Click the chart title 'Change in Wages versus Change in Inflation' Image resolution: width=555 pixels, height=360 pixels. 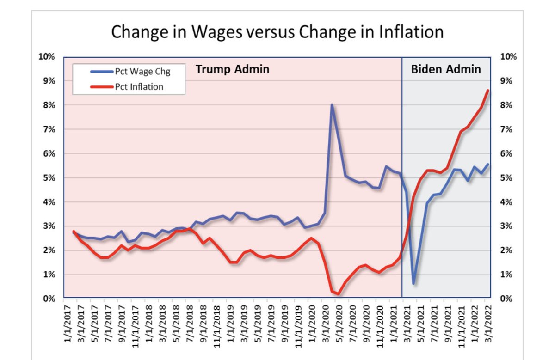pyautogui.click(x=277, y=32)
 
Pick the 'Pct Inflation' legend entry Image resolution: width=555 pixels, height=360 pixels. pyautogui.click(x=139, y=86)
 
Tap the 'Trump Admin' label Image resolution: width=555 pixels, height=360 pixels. pyautogui.click(x=232, y=70)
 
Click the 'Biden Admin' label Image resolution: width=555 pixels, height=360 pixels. pyautogui.click(x=446, y=70)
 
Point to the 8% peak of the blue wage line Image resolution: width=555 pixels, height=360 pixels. pyautogui.click(x=332, y=105)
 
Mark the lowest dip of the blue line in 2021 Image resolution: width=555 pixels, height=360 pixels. pyautogui.click(x=413, y=283)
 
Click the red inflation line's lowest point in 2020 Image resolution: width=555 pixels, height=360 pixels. pyautogui.click(x=338, y=293)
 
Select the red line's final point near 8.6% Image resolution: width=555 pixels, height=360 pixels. pyautogui.click(x=488, y=90)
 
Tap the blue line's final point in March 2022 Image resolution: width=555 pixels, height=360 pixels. pyautogui.click(x=488, y=164)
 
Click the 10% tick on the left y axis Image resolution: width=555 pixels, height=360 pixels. pyautogui.click(x=47, y=57)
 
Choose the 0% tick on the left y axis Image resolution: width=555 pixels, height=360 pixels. pyautogui.click(x=49, y=299)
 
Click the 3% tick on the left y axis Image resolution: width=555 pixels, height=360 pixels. pyautogui.click(x=49, y=226)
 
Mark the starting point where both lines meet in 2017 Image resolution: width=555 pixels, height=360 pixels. pyautogui.click(x=74, y=232)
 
